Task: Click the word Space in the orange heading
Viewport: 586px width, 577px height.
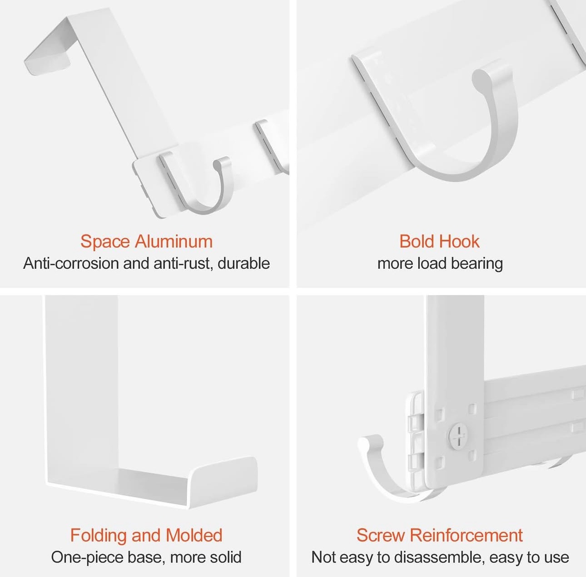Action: click(x=105, y=242)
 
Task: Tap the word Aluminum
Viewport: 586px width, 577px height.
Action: click(x=174, y=242)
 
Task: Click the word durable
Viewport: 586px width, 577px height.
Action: click(x=244, y=263)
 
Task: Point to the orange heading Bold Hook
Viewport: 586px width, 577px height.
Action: click(x=439, y=242)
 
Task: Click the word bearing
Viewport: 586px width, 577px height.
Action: click(x=477, y=264)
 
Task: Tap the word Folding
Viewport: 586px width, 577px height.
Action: click(x=99, y=535)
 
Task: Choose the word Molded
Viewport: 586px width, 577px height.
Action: click(x=194, y=535)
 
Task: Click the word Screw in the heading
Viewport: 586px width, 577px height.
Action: click(x=381, y=535)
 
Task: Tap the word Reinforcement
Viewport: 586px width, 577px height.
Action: click(x=466, y=535)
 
